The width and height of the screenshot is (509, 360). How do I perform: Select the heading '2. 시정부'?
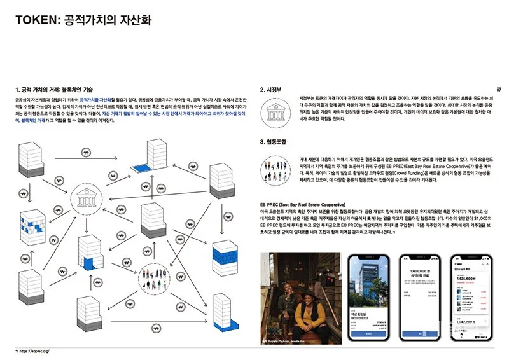pos(274,90)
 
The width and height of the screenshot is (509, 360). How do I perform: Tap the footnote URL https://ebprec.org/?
pos(34,350)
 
